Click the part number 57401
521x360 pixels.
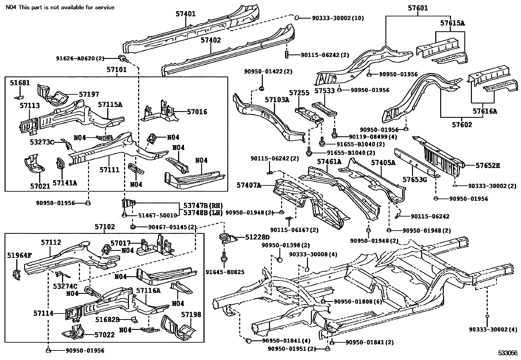tap(185, 14)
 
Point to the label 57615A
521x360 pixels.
tap(452, 23)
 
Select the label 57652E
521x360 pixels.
tap(488, 165)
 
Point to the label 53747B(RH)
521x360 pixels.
tap(203, 206)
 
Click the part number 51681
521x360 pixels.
tap(20, 83)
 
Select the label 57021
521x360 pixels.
tap(40, 186)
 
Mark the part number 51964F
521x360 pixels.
tap(19, 255)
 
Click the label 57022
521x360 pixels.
tap(104, 335)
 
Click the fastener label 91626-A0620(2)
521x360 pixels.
tap(80, 58)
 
